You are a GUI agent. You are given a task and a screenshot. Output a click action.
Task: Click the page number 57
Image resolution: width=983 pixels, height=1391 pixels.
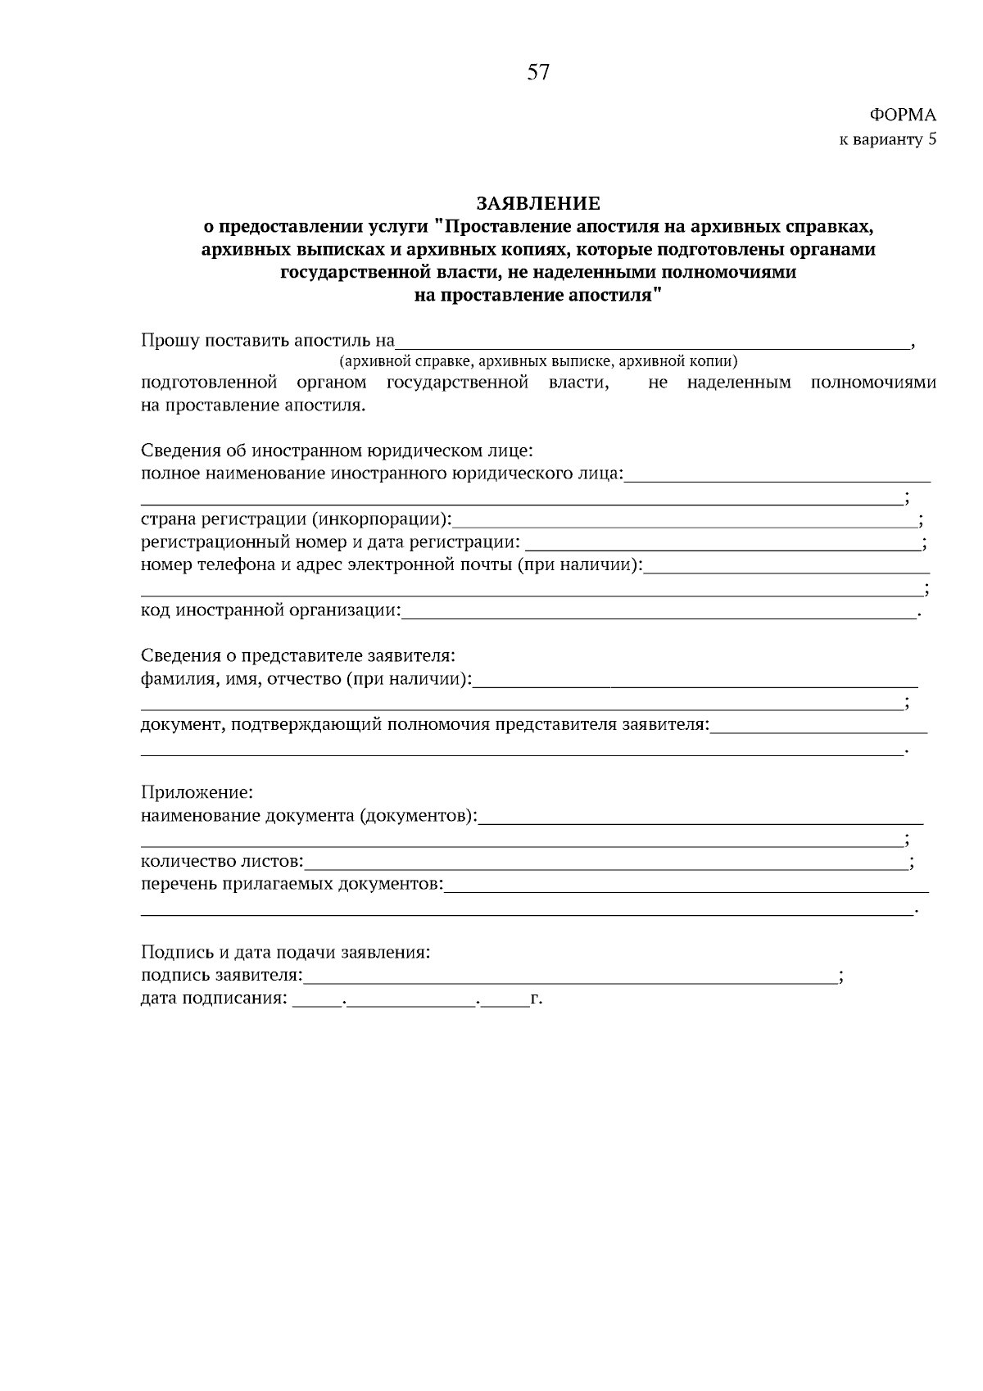[538, 73]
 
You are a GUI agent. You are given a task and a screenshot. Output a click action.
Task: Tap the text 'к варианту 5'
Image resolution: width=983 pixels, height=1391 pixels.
[887, 139]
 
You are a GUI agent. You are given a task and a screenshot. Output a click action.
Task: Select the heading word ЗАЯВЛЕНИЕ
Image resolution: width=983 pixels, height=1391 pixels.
[538, 202]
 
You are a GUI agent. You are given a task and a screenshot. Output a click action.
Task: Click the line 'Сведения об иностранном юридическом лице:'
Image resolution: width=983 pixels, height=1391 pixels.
[337, 451]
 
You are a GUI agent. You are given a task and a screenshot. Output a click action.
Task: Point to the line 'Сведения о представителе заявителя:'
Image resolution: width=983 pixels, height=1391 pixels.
[297, 656]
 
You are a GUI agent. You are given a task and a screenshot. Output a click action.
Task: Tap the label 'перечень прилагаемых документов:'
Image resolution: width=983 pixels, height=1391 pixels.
[292, 885]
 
